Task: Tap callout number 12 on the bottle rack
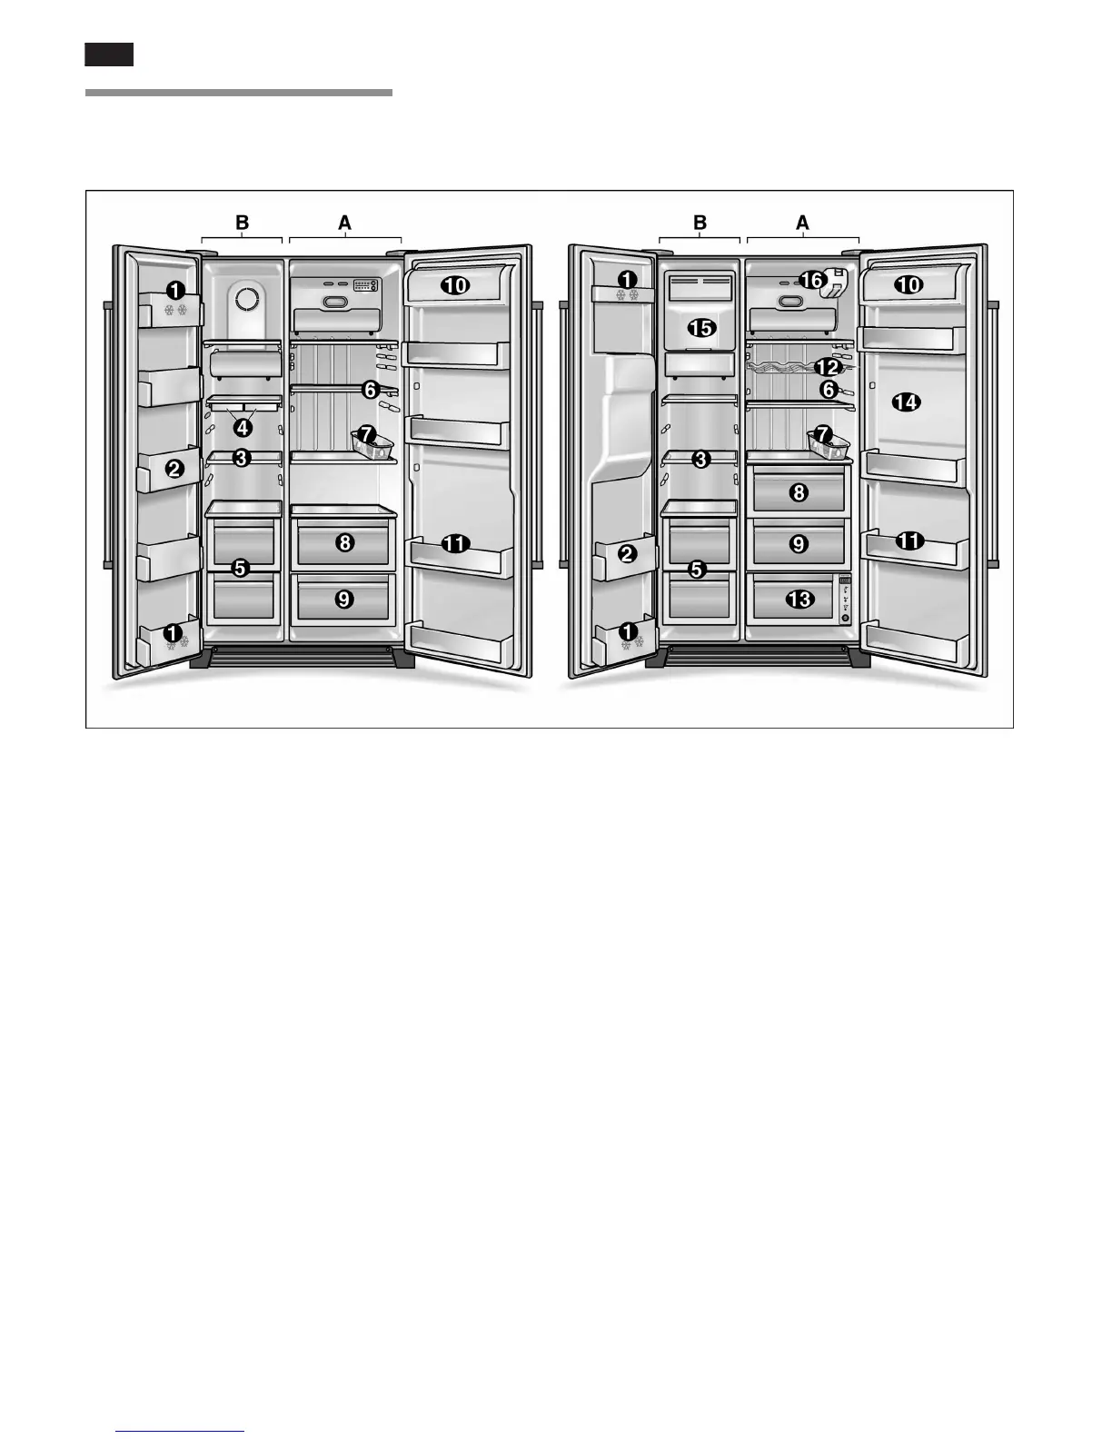click(828, 368)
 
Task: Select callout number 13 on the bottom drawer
click(799, 600)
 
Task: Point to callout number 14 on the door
click(905, 402)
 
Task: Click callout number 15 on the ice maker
click(701, 327)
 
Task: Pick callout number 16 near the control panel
click(811, 282)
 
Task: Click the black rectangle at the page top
click(109, 55)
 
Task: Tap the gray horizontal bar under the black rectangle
click(239, 93)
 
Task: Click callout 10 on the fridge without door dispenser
click(455, 285)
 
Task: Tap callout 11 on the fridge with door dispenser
click(908, 541)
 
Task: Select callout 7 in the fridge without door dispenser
click(367, 435)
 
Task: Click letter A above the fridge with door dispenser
click(802, 222)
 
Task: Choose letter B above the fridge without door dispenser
click(242, 222)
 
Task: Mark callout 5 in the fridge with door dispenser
click(697, 570)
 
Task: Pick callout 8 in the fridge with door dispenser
click(799, 492)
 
